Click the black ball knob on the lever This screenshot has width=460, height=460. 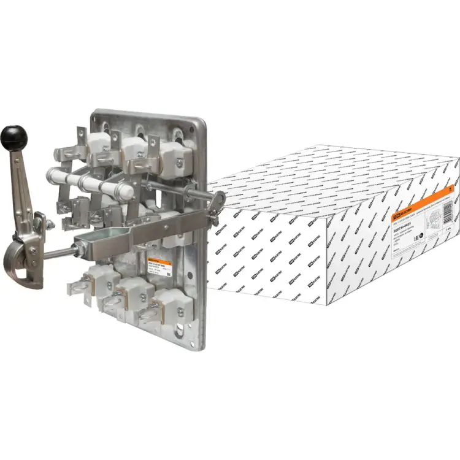pos(13,134)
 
